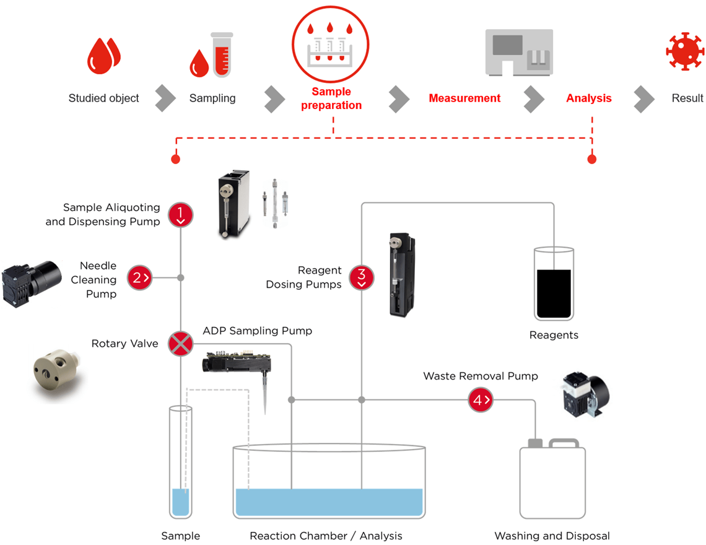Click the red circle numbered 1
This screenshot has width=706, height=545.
coord(180,214)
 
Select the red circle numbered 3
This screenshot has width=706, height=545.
coord(362,277)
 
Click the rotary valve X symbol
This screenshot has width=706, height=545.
coord(180,344)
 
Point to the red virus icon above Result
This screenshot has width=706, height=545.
coord(685,51)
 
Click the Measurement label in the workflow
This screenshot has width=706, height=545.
coord(464,98)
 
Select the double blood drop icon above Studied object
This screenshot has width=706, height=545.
coord(103,55)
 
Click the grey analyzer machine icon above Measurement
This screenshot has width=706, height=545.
coord(518,53)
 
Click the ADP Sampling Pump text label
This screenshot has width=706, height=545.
coord(257,331)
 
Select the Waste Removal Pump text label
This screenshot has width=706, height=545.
coord(480,376)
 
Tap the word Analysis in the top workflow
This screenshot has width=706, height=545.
coord(588,98)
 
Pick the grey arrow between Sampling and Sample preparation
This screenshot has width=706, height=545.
coord(274,98)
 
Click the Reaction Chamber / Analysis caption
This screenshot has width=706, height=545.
coord(326,536)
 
